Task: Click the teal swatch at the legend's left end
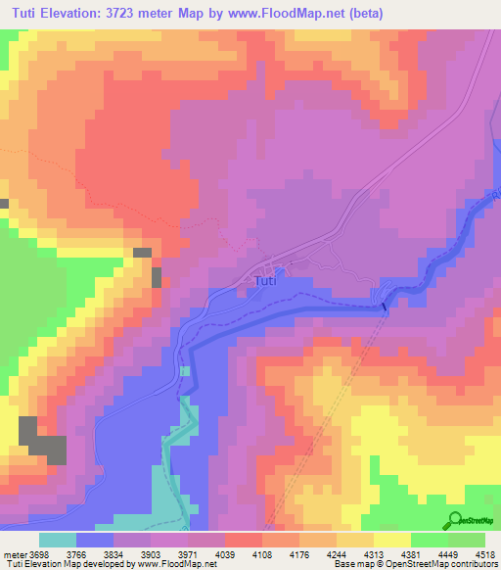pyautogui.click(x=58, y=540)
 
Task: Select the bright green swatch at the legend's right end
pyautogui.click(x=467, y=540)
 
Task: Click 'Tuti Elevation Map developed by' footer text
pyautogui.click(x=59, y=563)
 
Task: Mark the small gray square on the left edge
pyautogui.click(x=4, y=204)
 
